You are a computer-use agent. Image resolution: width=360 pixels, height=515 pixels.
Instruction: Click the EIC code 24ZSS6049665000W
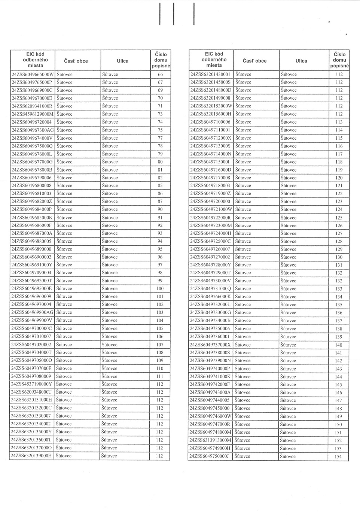[33, 74]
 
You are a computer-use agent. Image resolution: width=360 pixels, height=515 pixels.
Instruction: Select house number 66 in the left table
[160, 74]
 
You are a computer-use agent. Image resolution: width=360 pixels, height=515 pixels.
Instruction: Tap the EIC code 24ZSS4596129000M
[33, 114]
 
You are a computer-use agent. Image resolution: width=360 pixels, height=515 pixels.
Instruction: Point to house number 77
[160, 138]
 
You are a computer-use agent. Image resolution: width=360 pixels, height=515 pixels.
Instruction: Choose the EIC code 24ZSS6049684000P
[32, 209]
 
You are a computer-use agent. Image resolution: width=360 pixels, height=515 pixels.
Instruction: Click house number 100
[160, 289]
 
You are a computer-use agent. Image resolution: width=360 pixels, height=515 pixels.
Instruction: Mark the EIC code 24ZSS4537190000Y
[31, 384]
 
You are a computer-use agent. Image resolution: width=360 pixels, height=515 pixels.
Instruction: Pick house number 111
[160, 376]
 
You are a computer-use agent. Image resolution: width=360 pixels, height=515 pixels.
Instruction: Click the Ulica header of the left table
[122, 61]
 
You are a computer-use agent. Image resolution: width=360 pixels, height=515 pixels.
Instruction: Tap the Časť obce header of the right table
[254, 61]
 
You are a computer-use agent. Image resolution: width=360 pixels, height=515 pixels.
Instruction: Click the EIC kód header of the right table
[214, 60]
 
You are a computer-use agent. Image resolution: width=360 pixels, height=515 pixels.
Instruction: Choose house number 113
[339, 122]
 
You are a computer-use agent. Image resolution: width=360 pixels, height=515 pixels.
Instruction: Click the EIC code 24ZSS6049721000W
[211, 209]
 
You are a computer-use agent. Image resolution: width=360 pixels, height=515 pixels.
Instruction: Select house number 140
[339, 345]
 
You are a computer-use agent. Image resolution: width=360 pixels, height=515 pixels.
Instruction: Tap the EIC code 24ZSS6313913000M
[211, 440]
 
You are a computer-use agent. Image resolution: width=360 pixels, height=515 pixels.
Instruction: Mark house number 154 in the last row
[338, 457]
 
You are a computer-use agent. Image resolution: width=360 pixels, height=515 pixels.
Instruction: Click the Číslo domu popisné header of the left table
[161, 60]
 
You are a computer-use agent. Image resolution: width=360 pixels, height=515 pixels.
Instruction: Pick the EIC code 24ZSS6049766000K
[210, 297]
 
